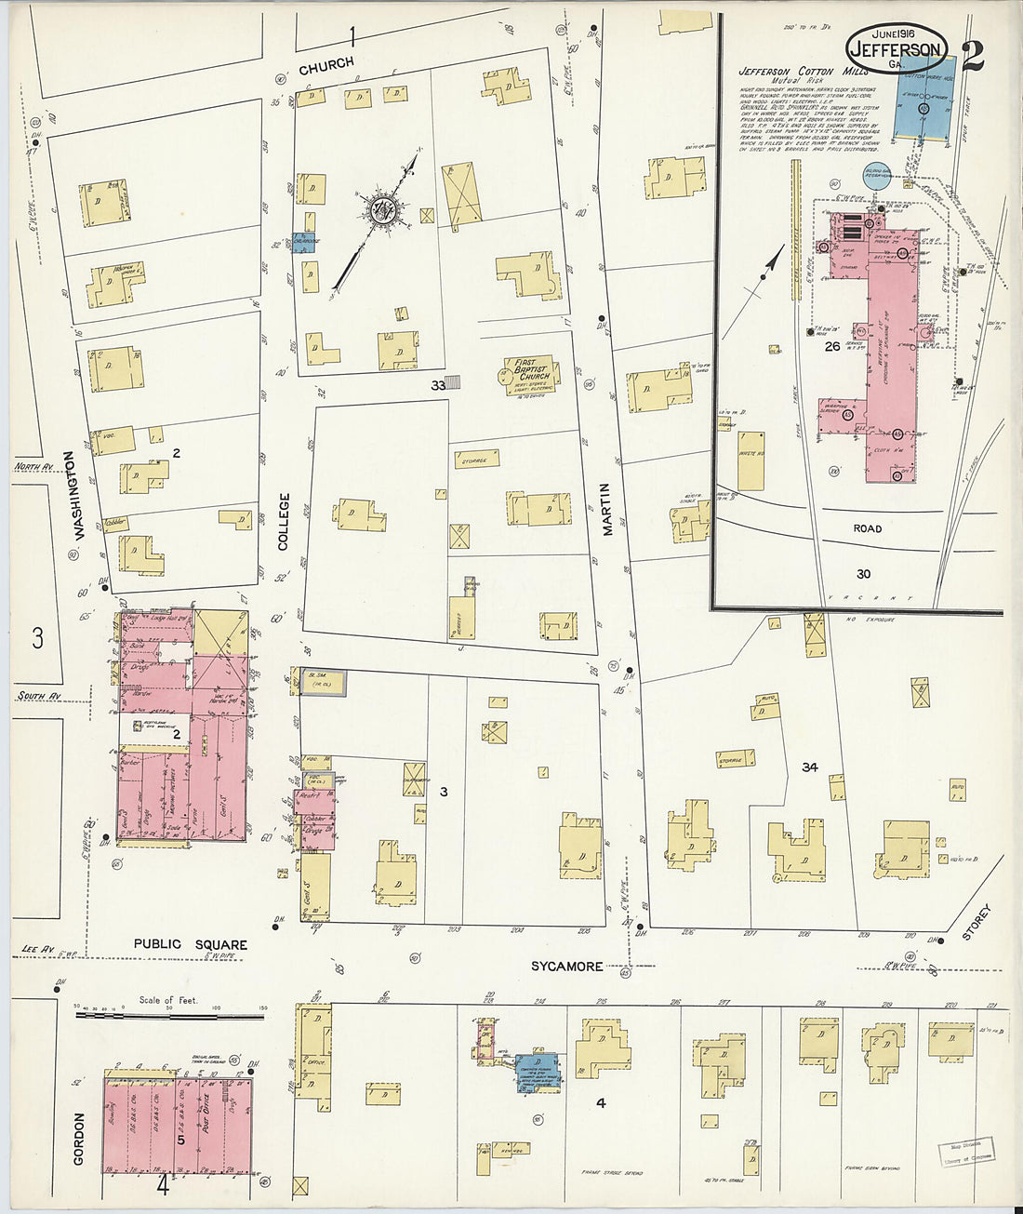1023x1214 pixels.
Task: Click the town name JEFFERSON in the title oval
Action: pos(896,49)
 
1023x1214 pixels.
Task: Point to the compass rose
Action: pos(381,210)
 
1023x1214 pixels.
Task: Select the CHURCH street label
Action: pos(325,63)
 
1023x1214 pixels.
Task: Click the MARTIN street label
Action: pos(606,508)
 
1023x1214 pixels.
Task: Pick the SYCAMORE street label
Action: pos(566,967)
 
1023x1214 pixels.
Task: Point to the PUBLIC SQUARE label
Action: pos(190,943)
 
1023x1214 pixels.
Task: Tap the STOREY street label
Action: pos(984,922)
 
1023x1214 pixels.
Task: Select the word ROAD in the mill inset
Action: pos(867,528)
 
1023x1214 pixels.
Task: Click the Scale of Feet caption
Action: pos(168,1000)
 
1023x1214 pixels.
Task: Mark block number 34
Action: pos(810,767)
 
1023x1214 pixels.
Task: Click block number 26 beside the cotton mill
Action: pos(831,347)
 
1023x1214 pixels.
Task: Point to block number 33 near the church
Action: pos(437,383)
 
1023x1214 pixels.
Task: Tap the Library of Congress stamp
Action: pos(965,1151)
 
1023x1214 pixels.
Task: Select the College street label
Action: pos(284,522)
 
